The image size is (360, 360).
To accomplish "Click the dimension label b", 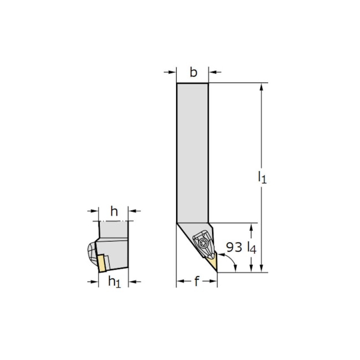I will pyautogui.click(x=193, y=71).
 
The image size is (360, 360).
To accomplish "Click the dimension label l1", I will pyautogui.click(x=263, y=177).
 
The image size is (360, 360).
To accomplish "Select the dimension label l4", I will pyautogui.click(x=251, y=248).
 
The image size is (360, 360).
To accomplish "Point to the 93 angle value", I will pyautogui.click(x=234, y=247).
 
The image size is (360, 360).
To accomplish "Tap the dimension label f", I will pyautogui.click(x=196, y=282).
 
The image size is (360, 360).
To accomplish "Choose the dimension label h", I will pyautogui.click(x=115, y=210).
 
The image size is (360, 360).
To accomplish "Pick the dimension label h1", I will pyautogui.click(x=114, y=282).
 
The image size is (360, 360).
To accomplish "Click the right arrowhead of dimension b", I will pyautogui.click(x=212, y=71).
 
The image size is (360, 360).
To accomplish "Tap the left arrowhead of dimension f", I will pyautogui.click(x=180, y=282).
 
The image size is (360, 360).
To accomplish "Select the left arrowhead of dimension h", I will pyautogui.click(x=95, y=210).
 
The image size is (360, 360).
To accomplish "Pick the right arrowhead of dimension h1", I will pyautogui.click(x=132, y=282).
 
